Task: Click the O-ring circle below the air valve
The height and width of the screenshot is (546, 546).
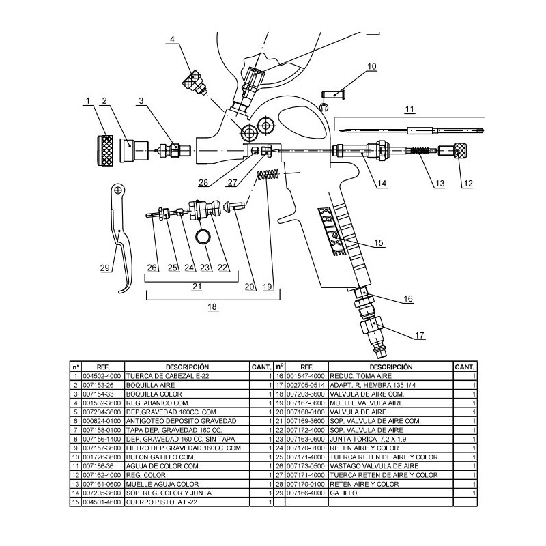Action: (x=201, y=237)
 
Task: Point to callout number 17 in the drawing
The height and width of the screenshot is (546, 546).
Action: (x=420, y=335)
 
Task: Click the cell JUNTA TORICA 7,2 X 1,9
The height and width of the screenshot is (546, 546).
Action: (x=369, y=439)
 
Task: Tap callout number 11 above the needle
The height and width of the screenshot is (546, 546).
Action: (x=409, y=109)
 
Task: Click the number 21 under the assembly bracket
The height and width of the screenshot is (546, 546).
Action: (x=197, y=287)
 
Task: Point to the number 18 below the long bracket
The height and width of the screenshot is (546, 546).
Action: (x=213, y=307)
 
